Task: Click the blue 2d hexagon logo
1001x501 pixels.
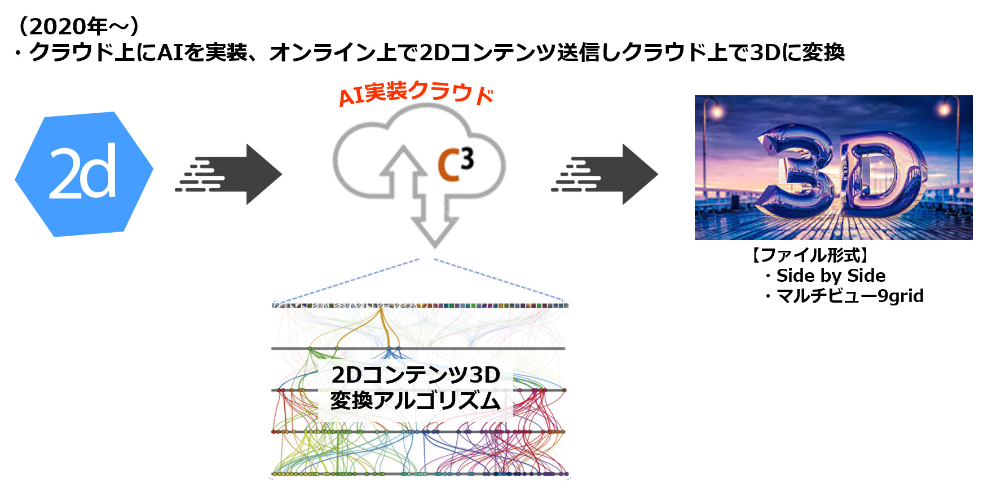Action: click(83, 173)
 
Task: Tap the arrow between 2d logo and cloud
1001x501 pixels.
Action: click(231, 174)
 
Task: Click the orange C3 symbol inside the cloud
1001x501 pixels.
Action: click(455, 164)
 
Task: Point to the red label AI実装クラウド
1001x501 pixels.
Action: click(416, 93)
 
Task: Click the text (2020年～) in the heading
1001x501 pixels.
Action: click(78, 26)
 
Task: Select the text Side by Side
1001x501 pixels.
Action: click(830, 276)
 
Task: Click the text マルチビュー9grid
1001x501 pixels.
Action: click(849, 296)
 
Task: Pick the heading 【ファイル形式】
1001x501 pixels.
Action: click(810, 255)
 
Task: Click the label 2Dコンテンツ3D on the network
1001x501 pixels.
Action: click(416, 375)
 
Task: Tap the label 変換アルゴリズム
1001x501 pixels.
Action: click(416, 400)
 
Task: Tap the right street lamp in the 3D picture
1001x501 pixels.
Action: click(944, 109)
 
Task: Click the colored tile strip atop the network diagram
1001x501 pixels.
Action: click(420, 305)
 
